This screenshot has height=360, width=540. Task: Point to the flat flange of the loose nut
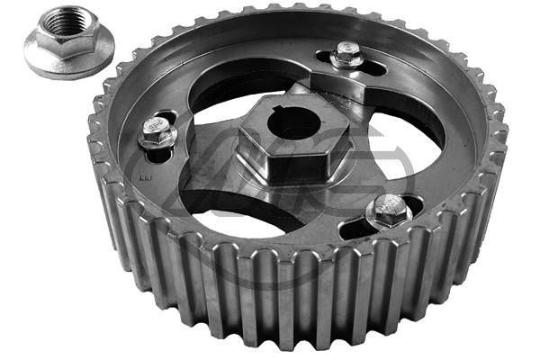coord(45,58)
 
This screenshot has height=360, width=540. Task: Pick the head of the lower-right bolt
coord(389,210)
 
